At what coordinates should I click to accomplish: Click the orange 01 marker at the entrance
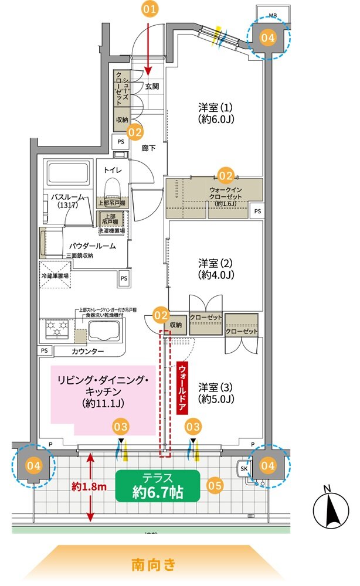pyautogui.click(x=150, y=9)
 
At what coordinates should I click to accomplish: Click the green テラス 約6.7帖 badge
pyautogui.click(x=158, y=485)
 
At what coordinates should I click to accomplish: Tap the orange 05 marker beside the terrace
pyautogui.click(x=215, y=485)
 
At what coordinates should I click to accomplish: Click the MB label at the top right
pyautogui.click(x=273, y=14)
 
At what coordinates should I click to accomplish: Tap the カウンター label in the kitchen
pyautogui.click(x=88, y=351)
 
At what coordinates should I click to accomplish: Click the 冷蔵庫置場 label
pyautogui.click(x=55, y=275)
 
